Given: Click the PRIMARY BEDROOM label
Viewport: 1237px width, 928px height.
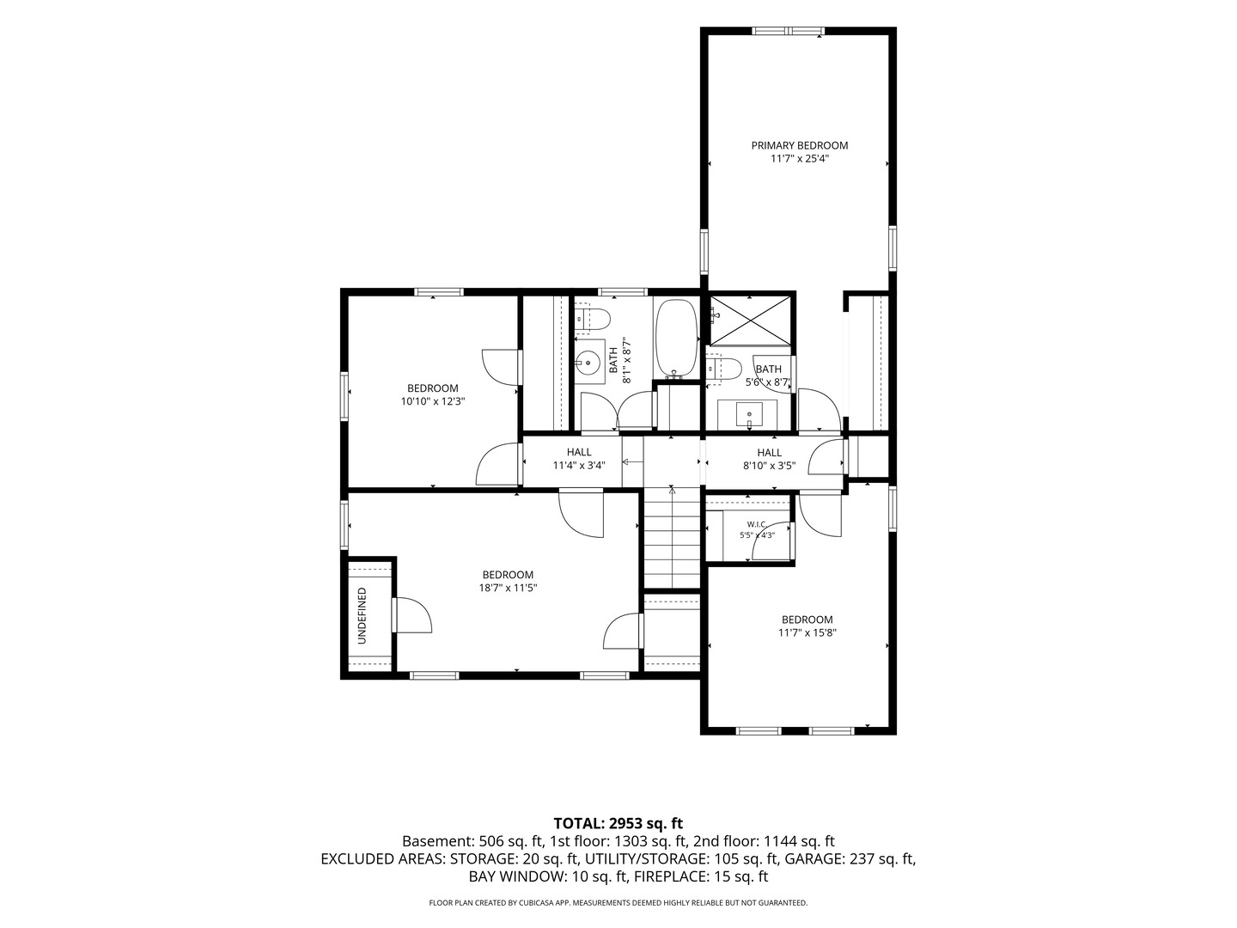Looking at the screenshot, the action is coord(799,145).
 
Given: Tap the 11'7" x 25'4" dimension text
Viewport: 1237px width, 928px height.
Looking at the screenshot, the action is coord(800,159).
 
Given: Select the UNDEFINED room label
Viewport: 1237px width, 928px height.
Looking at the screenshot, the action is coord(362,616).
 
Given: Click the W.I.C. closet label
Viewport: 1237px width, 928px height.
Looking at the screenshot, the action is coord(757,524).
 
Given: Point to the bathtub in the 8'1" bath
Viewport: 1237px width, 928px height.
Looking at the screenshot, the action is coord(677,338).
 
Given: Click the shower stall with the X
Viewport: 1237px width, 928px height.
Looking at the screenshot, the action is coord(750,320).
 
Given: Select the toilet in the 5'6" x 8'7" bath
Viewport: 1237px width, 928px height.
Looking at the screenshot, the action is coord(723,369).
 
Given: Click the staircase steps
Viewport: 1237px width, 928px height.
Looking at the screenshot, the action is coord(672,539).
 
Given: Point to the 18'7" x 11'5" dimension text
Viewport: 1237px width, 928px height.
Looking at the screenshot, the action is coord(507,588).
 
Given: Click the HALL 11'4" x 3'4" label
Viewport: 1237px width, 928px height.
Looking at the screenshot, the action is coord(579,459).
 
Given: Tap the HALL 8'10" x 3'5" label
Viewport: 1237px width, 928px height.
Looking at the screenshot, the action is coord(769,459).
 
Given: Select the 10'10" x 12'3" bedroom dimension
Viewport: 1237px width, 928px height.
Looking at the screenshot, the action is coord(432,402).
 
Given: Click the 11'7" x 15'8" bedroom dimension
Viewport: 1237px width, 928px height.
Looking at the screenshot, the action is coord(807,632).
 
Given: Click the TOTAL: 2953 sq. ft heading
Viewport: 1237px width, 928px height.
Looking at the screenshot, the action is coord(618,823).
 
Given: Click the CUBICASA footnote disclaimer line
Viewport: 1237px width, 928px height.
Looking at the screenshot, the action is coord(618,902).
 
